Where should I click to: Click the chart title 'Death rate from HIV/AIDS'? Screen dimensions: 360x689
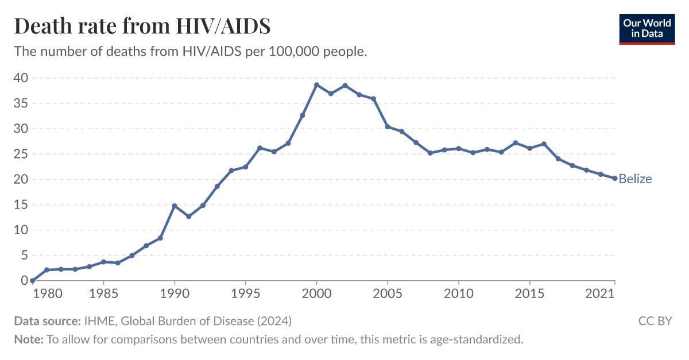[142, 26]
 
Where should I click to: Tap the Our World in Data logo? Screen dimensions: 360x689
[647, 28]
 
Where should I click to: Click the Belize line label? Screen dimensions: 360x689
[635, 179]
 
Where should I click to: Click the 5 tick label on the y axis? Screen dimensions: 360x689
[24, 256]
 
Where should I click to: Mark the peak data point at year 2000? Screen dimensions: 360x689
[316, 85]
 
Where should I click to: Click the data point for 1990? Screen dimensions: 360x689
[175, 206]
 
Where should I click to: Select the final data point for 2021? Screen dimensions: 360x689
[614, 179]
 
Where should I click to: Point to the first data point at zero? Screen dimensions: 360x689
[33, 281]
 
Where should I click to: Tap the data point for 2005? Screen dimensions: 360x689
[388, 127]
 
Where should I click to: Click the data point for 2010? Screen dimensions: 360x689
[458, 149]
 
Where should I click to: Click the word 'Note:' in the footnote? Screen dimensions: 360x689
[29, 339]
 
